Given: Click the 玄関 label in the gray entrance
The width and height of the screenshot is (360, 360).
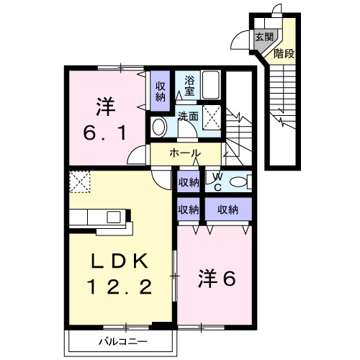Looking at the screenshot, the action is [x=264, y=37].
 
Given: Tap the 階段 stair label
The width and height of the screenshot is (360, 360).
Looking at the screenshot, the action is [x=284, y=53].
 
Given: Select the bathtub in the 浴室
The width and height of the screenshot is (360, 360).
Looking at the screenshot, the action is [x=211, y=85].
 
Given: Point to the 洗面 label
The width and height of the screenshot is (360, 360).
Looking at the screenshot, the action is [x=188, y=116].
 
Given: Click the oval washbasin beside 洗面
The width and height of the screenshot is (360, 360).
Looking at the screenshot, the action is [x=159, y=127].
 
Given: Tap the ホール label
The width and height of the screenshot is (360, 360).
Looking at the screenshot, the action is [x=185, y=153].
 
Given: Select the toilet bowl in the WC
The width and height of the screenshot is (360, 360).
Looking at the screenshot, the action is [x=238, y=181].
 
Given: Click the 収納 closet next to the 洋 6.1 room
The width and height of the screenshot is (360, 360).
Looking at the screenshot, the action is [x=160, y=91].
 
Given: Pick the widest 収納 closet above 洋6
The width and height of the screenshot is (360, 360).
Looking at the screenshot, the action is [x=228, y=210].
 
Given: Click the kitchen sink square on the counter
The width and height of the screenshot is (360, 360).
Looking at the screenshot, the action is [x=114, y=217].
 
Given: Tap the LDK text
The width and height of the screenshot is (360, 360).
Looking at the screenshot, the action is [x=120, y=261].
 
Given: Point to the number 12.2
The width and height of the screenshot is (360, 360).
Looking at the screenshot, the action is [x=120, y=287].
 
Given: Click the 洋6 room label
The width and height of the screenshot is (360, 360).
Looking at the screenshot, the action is [x=217, y=279].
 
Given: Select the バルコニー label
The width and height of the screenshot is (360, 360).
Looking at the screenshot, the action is [x=123, y=341].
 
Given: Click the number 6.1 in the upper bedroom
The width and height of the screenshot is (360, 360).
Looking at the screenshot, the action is [x=105, y=133].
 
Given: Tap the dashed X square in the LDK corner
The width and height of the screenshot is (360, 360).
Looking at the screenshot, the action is [x=80, y=181].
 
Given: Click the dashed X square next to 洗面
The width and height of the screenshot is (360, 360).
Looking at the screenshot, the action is [x=212, y=117].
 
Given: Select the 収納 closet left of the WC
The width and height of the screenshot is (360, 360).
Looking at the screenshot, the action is [x=189, y=182].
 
